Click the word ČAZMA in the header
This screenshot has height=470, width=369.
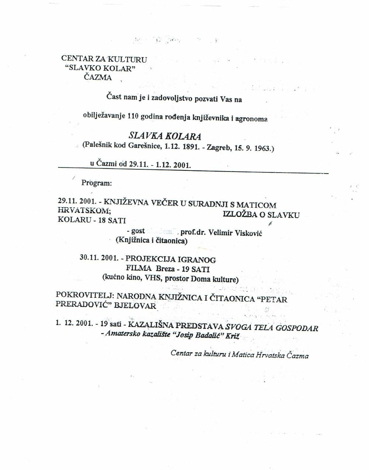[98, 77]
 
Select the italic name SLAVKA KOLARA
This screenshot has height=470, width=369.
[164, 136]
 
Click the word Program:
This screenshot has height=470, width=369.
[96, 183]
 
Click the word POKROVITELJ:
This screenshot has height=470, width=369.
[85, 296]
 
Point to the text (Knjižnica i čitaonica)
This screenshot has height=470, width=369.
[151, 241]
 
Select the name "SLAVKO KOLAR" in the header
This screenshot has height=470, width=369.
[100, 69]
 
